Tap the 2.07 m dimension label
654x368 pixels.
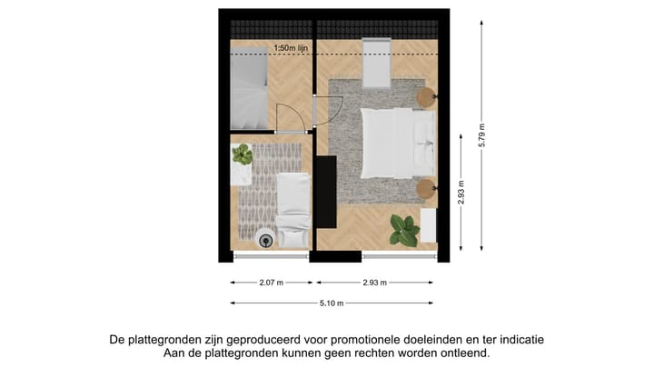[270, 283]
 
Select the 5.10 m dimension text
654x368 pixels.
[331, 303]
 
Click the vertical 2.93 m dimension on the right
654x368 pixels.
[461, 195]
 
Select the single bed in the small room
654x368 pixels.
[292, 209]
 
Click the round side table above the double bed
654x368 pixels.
[426, 96]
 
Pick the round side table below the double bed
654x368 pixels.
[426, 190]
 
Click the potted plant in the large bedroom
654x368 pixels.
[402, 229]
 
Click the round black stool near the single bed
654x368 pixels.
[266, 240]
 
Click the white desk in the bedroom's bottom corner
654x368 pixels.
[430, 226]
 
